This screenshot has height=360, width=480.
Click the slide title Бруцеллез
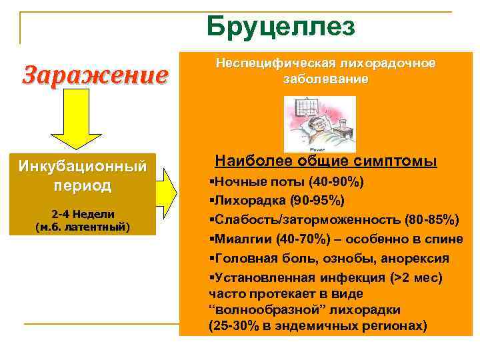click(281, 27)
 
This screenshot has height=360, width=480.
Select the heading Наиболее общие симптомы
click(326, 161)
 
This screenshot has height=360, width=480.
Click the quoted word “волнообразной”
click(251, 310)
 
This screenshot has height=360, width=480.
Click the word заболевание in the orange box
click(325, 79)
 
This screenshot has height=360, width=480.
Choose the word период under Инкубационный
click(83, 185)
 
